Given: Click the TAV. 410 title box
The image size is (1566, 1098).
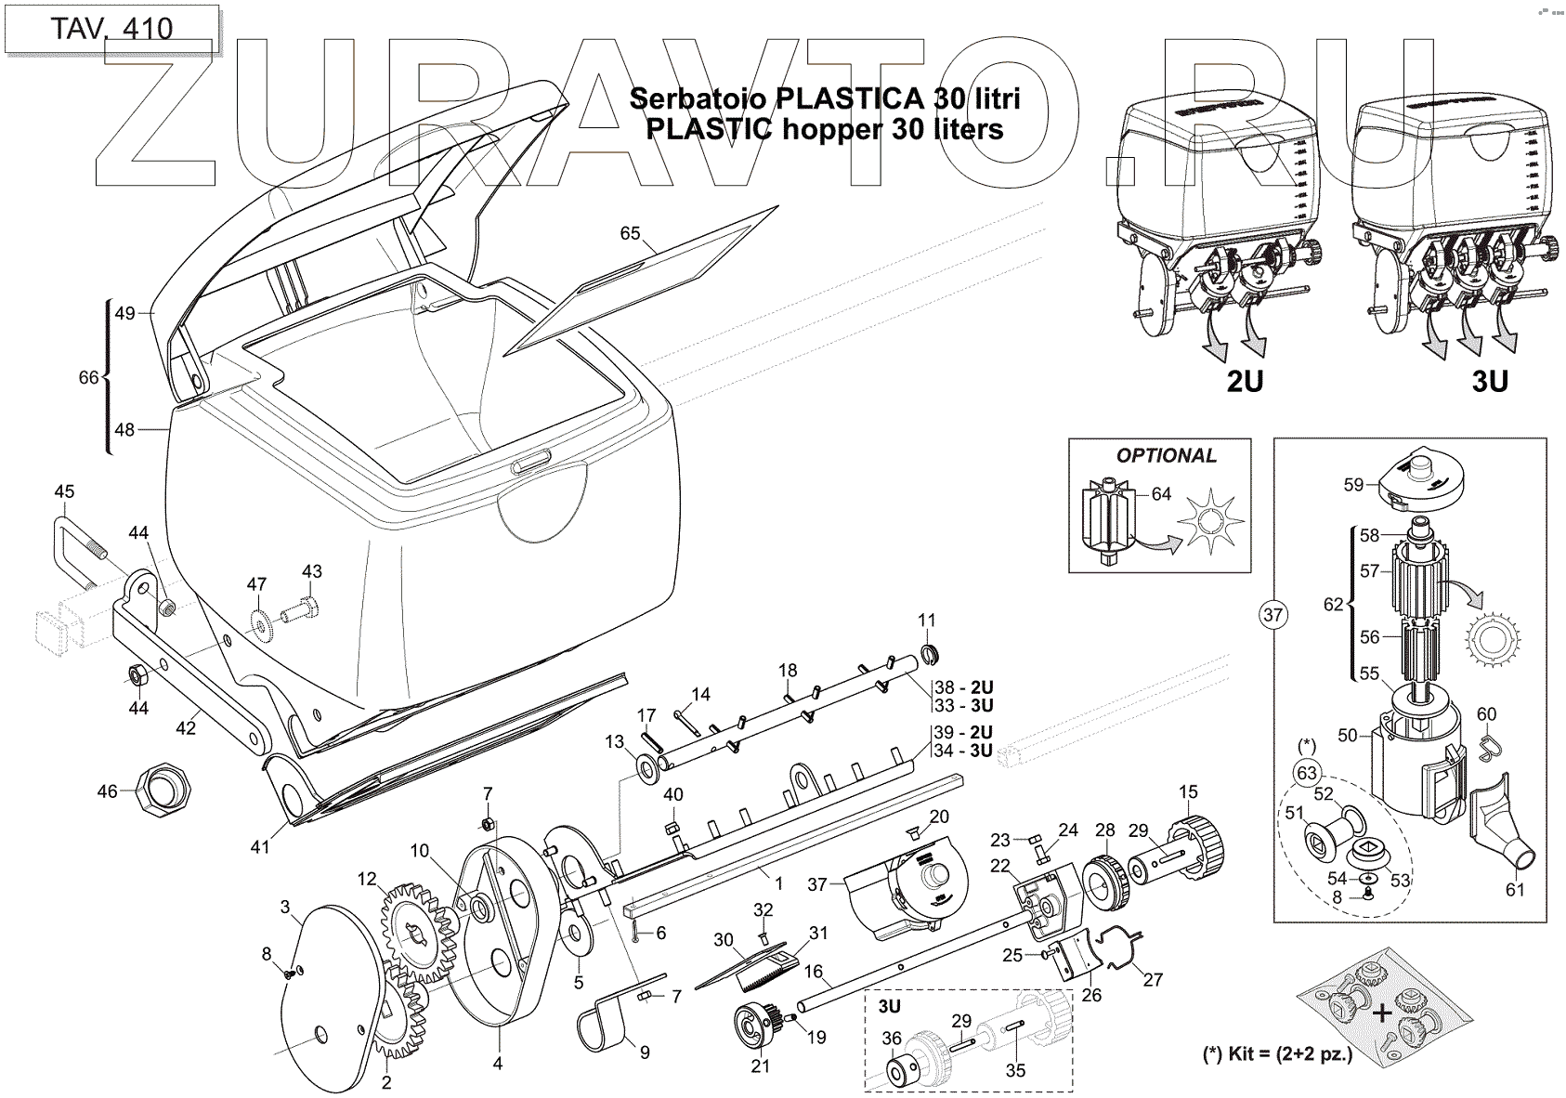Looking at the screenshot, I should click(x=111, y=29).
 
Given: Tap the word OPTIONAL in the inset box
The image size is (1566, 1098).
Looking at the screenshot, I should click(x=1166, y=455).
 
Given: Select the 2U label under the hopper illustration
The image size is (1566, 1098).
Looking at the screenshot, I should click(x=1245, y=380).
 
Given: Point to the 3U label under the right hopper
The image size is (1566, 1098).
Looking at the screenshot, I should click(x=1490, y=380).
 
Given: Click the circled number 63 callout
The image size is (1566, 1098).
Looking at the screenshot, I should click(x=1308, y=772).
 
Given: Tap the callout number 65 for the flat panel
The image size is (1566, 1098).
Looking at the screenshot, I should click(x=631, y=233).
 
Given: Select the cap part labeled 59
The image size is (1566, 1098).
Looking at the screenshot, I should click(x=1417, y=479).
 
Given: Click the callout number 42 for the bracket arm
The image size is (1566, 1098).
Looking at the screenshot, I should click(x=186, y=727).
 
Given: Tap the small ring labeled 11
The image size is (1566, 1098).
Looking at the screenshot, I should click(x=926, y=651).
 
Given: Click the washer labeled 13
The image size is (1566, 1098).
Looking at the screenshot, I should click(x=644, y=765).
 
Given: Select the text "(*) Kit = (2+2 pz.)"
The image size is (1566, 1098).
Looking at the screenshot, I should click(x=1277, y=1054).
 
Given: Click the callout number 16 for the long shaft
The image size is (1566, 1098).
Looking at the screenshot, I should click(x=814, y=972).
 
